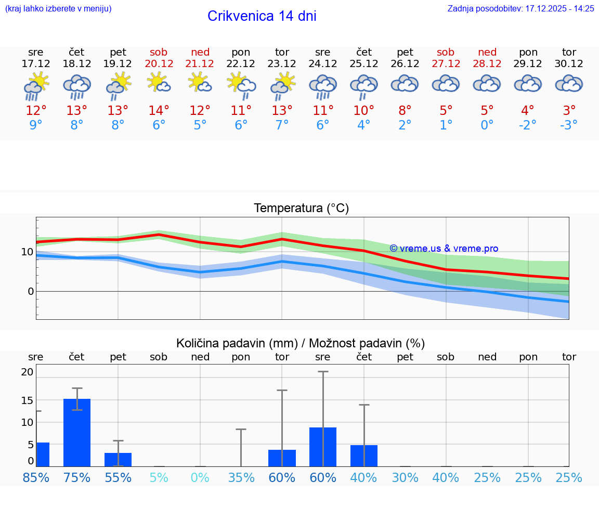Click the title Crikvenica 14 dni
(x=262, y=16)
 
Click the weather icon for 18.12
(x=77, y=86)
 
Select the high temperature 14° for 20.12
(x=159, y=111)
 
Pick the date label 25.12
(x=363, y=64)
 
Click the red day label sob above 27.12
(x=446, y=52)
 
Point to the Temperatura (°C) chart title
(x=301, y=209)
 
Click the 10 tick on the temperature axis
(x=27, y=252)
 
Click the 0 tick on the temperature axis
(x=31, y=291)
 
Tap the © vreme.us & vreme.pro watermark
(x=444, y=249)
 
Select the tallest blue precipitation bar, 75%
(x=77, y=432)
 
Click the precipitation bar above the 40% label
(x=363, y=456)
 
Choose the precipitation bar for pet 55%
(x=118, y=459)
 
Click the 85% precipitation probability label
(x=36, y=477)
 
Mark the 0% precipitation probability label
(x=200, y=477)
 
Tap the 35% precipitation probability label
(x=241, y=477)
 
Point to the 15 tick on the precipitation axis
(x=27, y=400)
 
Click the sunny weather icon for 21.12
(x=200, y=83)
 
